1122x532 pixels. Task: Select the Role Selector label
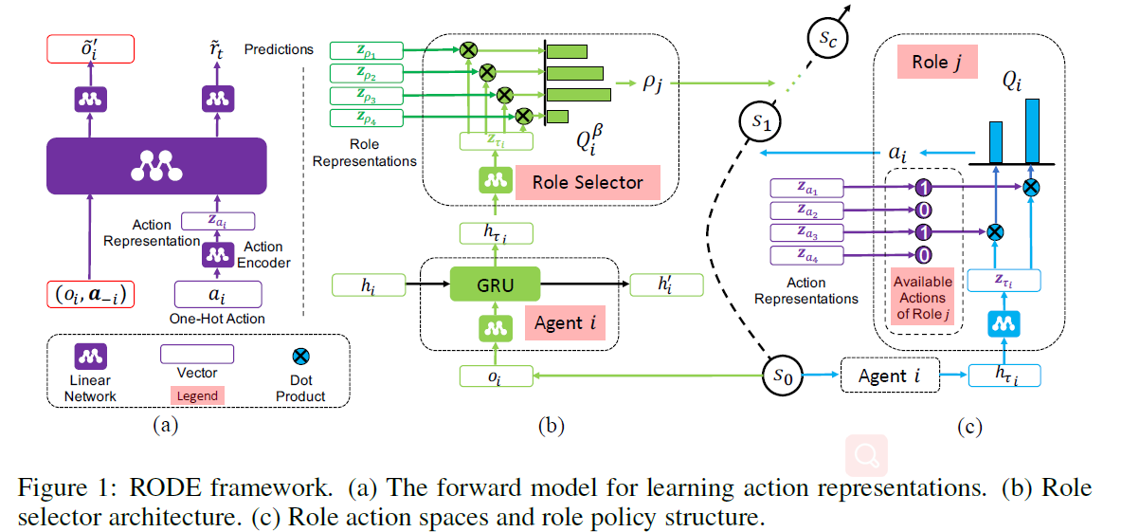pyautogui.click(x=588, y=183)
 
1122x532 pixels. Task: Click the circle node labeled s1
pyautogui.click(x=759, y=122)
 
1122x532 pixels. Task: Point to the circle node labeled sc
pyautogui.click(x=824, y=39)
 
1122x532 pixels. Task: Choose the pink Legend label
pyautogui.click(x=198, y=395)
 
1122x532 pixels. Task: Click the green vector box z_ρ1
pyautogui.click(x=367, y=50)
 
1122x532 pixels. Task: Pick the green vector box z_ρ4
pyautogui.click(x=367, y=118)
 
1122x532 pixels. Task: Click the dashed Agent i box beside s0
pyautogui.click(x=888, y=376)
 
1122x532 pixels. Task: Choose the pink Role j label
pyautogui.click(x=935, y=64)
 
